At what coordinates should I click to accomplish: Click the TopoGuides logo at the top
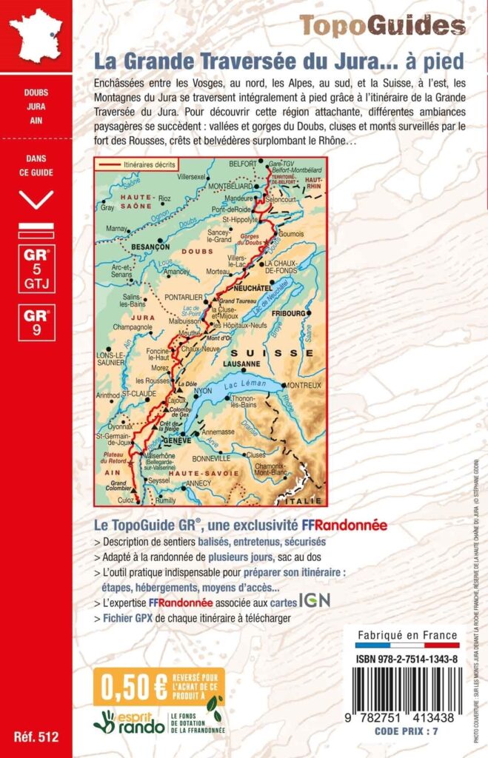point(382,26)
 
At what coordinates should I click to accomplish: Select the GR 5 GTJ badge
point(36,269)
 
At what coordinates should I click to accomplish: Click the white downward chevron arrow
point(36,198)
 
